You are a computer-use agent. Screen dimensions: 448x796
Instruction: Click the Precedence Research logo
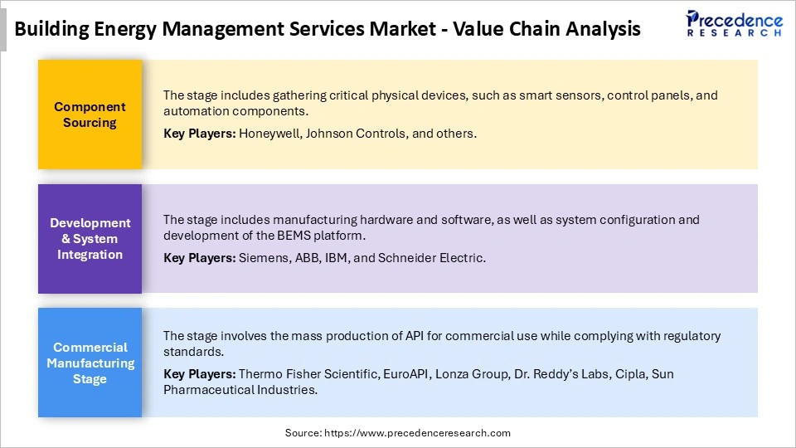(734, 23)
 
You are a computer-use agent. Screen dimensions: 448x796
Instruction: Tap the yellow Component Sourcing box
(90, 114)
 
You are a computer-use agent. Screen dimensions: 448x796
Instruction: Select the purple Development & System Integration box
(90, 239)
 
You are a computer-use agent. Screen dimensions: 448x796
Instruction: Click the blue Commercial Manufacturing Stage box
(90, 363)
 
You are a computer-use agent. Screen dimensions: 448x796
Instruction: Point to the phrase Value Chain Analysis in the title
(547, 29)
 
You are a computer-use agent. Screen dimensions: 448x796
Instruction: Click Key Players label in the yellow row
(199, 133)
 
